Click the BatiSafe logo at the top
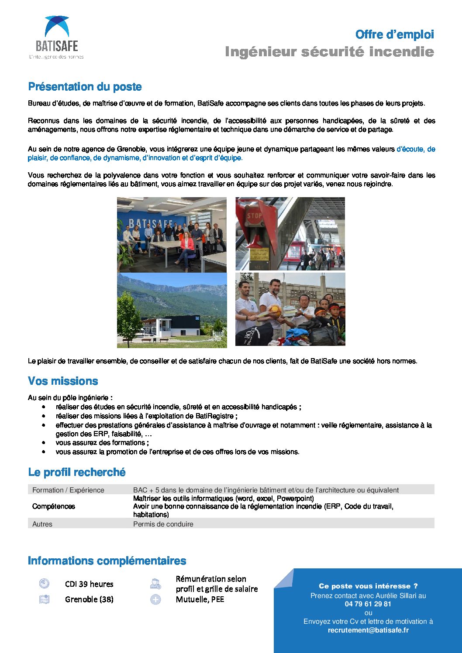[x=56, y=37]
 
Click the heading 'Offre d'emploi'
[x=394, y=34]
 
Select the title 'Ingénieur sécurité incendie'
[x=329, y=52]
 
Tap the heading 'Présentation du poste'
[x=85, y=87]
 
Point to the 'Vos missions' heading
[x=63, y=381]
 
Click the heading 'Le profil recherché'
[x=77, y=472]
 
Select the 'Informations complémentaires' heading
[x=107, y=561]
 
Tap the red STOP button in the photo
[x=254, y=216]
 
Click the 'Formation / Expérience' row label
[x=68, y=490]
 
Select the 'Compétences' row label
[x=54, y=506]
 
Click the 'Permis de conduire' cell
[x=163, y=524]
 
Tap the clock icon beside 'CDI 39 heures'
[x=44, y=584]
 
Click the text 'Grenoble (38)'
[x=89, y=599]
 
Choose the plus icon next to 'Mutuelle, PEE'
[x=155, y=599]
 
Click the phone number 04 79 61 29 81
[x=368, y=604]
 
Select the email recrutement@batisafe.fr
[x=368, y=630]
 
